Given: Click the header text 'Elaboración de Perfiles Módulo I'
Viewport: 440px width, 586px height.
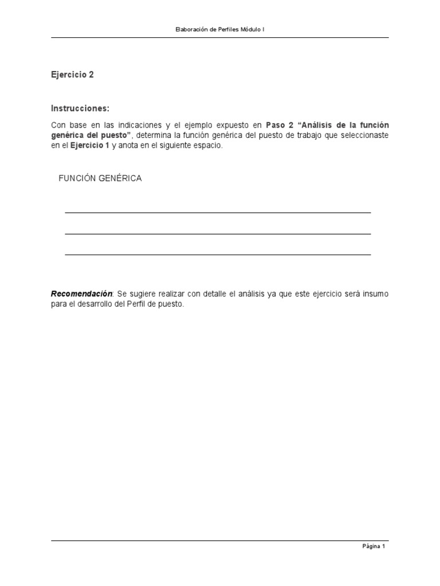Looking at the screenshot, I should (220, 29).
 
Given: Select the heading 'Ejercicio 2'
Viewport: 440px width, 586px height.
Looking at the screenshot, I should (72, 75).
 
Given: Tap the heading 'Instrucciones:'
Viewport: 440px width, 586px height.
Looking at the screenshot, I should (80, 109).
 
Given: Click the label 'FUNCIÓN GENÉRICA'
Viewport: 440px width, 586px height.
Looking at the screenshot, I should (100, 179).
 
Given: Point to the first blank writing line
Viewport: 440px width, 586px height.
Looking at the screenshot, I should (218, 212).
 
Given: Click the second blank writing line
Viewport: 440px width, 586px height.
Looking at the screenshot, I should (218, 233).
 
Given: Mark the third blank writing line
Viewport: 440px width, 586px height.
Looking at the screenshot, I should (218, 254).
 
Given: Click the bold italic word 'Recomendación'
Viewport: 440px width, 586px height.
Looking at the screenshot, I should (82, 294).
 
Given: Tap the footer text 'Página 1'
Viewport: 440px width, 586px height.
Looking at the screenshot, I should (374, 547).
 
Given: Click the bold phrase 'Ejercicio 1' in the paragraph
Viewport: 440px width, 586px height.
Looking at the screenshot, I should (89, 146).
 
